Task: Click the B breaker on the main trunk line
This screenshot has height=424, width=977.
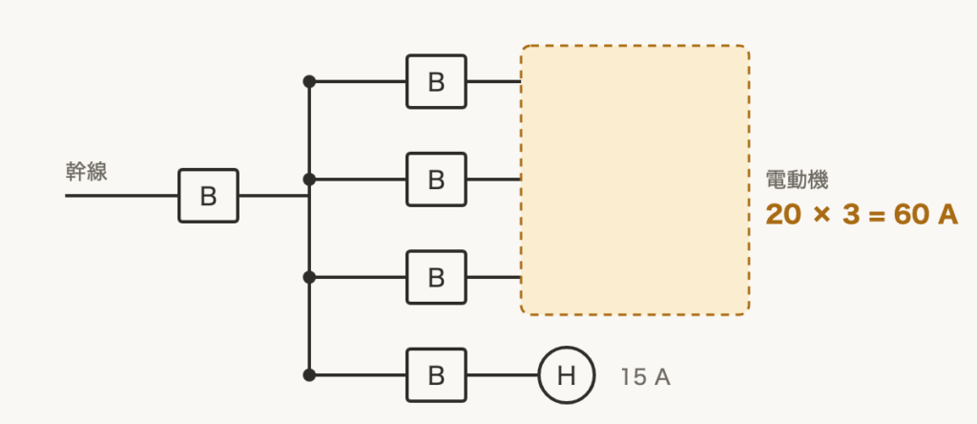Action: (x=208, y=196)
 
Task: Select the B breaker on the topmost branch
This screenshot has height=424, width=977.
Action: (x=436, y=82)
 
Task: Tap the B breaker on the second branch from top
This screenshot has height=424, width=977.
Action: (x=436, y=180)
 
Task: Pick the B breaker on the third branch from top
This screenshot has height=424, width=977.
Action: (x=436, y=278)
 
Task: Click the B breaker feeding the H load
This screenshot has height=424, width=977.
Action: (x=436, y=375)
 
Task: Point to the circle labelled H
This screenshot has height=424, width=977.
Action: (x=567, y=375)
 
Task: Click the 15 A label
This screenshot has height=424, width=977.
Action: (x=646, y=377)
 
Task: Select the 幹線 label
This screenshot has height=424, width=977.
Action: (x=87, y=172)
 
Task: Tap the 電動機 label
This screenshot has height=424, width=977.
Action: (x=797, y=180)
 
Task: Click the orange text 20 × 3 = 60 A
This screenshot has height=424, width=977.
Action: (x=862, y=215)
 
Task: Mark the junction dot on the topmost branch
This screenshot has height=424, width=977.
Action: (x=309, y=82)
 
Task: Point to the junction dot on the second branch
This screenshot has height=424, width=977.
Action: (x=309, y=180)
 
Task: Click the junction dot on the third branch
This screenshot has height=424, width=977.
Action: (x=309, y=278)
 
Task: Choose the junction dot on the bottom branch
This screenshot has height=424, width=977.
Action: (x=309, y=375)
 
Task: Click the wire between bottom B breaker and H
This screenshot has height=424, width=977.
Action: (x=503, y=375)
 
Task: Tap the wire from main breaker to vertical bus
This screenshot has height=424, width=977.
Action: (x=274, y=196)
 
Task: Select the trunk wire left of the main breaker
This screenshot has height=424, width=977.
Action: (x=121, y=196)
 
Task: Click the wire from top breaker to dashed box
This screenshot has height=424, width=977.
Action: (x=494, y=82)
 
